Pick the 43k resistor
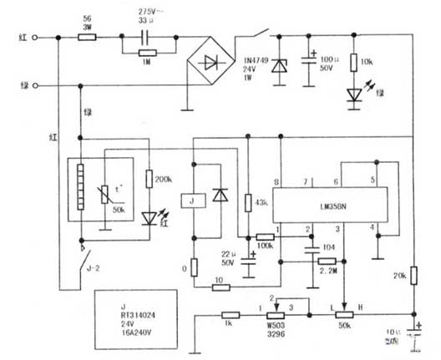tap(248, 203)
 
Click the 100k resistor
tap(266, 238)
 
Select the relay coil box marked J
tap(194, 200)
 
